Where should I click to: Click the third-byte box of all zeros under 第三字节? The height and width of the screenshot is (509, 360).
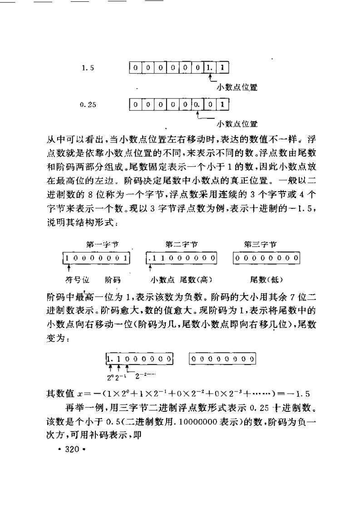coord(266,258)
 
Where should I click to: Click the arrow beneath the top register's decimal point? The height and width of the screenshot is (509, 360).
coord(209,79)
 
